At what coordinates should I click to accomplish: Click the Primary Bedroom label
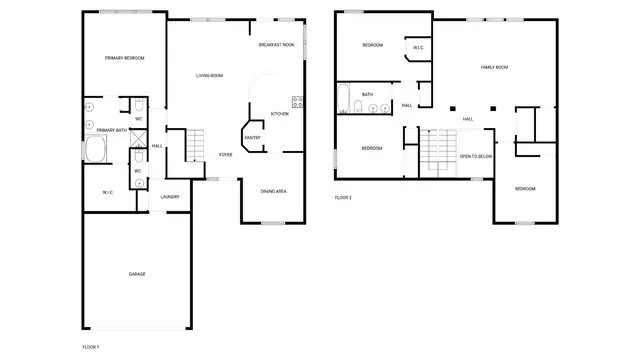point(125,59)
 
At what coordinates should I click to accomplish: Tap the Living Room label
point(208,76)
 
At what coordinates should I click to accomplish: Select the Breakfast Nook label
point(276,45)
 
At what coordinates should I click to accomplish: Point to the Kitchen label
point(280,114)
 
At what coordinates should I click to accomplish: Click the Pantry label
point(252,138)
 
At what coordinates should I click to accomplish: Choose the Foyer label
point(226,155)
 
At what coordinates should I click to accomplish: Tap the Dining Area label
point(274,191)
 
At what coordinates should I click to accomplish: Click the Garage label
point(136,273)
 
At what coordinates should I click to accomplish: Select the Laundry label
point(170,196)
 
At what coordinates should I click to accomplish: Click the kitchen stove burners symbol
point(297,100)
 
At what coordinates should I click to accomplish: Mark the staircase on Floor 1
point(196,146)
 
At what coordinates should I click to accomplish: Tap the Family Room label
point(495,67)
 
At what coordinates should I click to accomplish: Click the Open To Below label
point(475,157)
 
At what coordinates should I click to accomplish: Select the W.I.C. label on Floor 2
point(417,46)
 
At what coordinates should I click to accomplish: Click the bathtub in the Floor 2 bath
point(344,102)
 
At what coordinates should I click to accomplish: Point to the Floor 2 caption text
point(343,198)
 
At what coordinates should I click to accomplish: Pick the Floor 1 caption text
point(90,346)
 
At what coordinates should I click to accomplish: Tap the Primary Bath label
point(112,130)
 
